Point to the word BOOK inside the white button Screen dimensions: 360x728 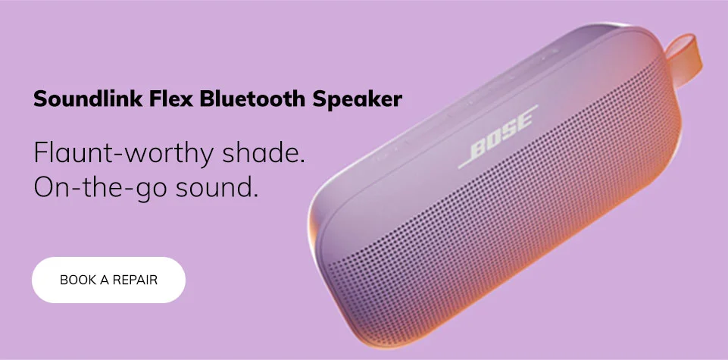click(x=78, y=280)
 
